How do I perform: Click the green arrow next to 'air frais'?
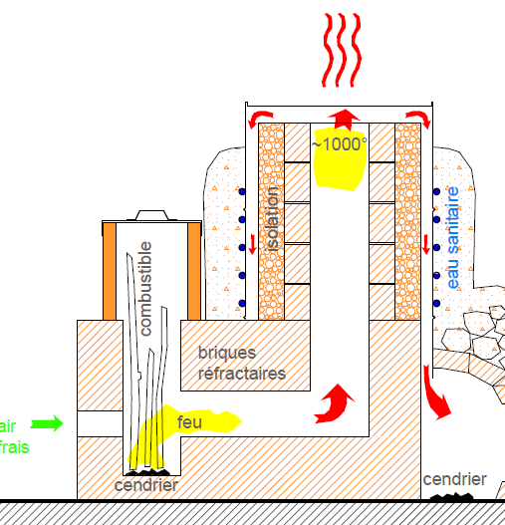pos(47,423)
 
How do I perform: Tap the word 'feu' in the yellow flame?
pos(189,422)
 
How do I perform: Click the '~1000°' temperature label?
pos(339,144)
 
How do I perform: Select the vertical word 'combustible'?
pos(146,288)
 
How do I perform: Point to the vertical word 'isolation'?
pos(272,219)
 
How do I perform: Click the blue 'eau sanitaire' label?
pos(453,238)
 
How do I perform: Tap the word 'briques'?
pos(227,353)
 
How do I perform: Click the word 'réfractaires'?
pos(242,374)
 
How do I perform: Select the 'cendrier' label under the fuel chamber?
pos(146,485)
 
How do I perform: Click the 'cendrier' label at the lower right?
pos(454,479)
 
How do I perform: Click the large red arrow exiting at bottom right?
pos(435,393)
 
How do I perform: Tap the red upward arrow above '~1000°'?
pos(344,120)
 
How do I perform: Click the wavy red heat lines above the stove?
pos(342,50)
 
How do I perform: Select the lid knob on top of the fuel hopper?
pos(151,215)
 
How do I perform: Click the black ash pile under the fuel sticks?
pos(147,472)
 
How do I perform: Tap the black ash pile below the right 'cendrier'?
pos(452,496)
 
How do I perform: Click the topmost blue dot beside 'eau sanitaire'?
pos(436,191)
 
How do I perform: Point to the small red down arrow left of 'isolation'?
pos(253,244)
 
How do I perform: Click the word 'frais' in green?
pos(14,447)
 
